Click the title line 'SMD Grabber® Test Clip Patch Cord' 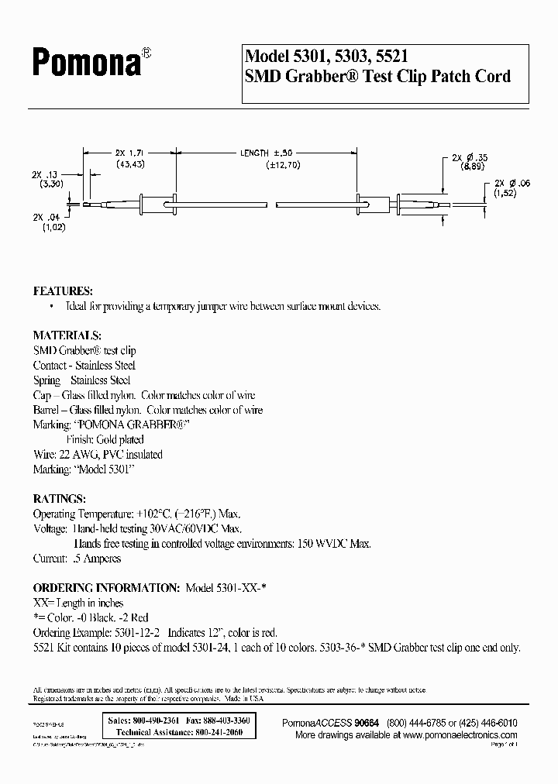pyautogui.click(x=377, y=76)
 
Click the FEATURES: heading pyautogui.click(x=63, y=291)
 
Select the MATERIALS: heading pyautogui.click(x=67, y=336)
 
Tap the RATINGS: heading pyautogui.click(x=58, y=498)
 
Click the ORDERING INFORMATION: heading pyautogui.click(x=106, y=588)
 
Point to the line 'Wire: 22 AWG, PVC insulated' pyautogui.click(x=98, y=455)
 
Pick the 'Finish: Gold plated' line pyautogui.click(x=105, y=440)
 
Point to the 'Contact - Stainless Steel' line pyautogui.click(x=84, y=366)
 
